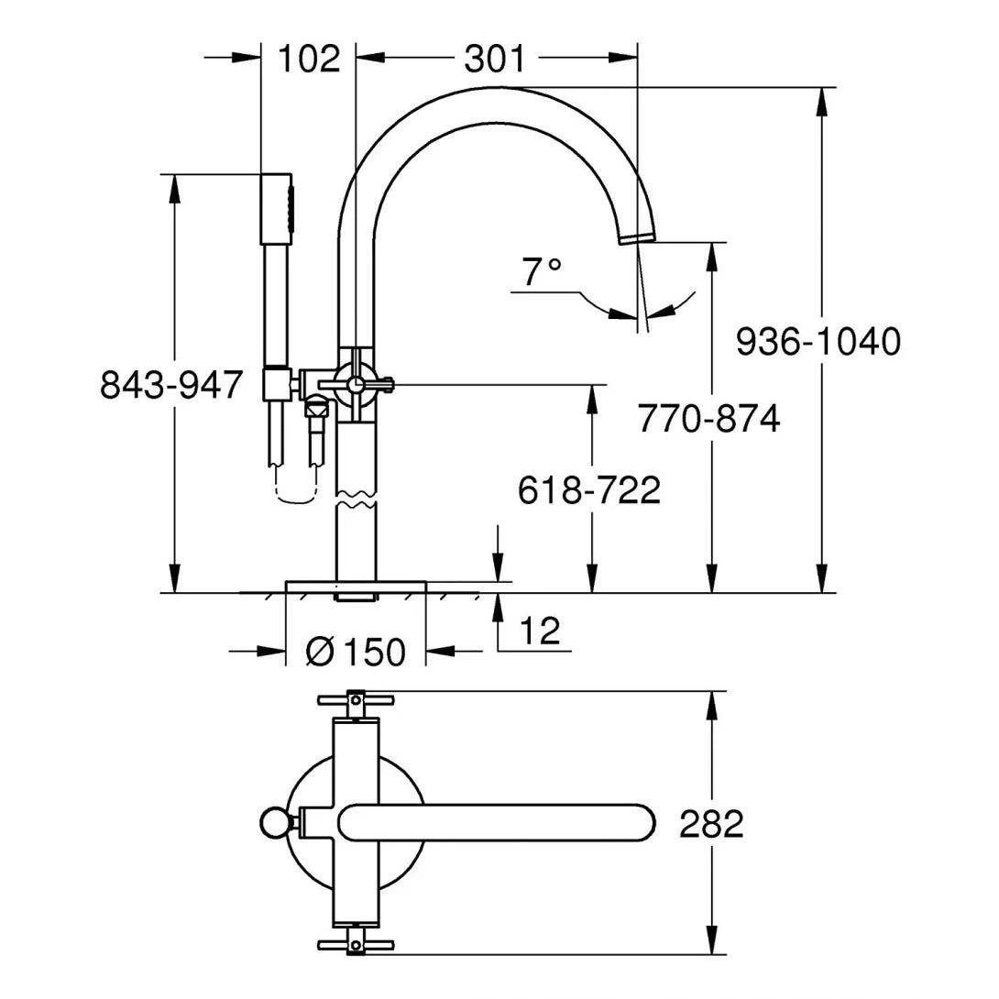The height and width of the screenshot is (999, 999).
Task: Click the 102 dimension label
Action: [x=308, y=59]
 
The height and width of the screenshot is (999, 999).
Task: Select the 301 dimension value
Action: [x=495, y=59]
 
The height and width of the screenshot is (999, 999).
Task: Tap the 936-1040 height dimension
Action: [x=818, y=343]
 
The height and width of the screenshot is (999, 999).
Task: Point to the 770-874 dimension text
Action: [x=709, y=419]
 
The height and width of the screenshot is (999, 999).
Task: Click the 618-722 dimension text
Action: [x=589, y=490]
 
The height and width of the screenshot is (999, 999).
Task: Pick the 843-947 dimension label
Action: [x=171, y=385]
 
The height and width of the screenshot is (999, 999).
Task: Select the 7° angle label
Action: [x=541, y=271]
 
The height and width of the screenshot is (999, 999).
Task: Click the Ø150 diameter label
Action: [x=356, y=652]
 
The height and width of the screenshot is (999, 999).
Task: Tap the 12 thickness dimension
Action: [x=540, y=631]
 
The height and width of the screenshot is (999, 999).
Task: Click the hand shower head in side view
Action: [x=278, y=208]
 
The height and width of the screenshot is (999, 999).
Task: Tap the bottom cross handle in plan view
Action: [x=356, y=944]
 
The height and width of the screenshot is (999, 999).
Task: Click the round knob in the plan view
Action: [x=273, y=822]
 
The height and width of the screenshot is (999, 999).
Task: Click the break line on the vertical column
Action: [x=356, y=503]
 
